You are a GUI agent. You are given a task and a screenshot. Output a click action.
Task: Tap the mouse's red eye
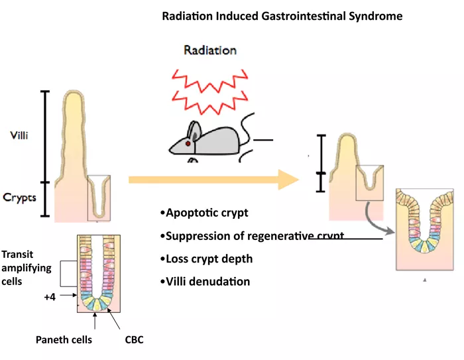point(188,143)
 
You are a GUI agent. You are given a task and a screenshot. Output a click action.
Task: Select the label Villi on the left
point(19,135)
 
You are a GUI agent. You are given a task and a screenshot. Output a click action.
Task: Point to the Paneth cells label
point(64,340)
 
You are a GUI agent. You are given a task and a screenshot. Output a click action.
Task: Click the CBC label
point(134,340)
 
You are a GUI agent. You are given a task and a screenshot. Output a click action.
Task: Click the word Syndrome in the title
point(375,16)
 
